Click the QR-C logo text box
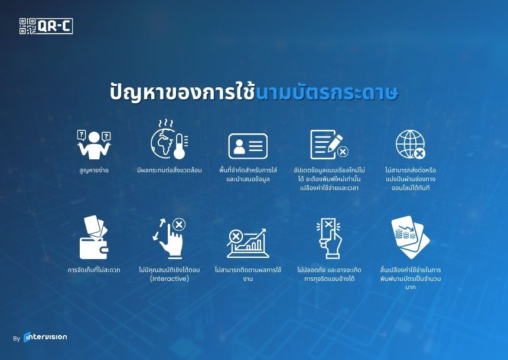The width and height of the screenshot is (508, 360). pyautogui.click(x=54, y=26)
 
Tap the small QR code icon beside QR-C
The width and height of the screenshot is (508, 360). pyautogui.click(x=27, y=26)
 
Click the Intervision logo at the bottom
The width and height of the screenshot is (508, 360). pyautogui.click(x=45, y=337)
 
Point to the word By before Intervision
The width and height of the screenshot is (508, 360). pyautogui.click(x=17, y=339)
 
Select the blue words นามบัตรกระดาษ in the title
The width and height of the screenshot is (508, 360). pyautogui.click(x=327, y=93)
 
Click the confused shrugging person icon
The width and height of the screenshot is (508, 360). pyautogui.click(x=94, y=145)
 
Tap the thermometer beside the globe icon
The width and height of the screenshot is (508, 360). pyautogui.click(x=180, y=146)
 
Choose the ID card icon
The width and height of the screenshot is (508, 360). pyautogui.click(x=248, y=146)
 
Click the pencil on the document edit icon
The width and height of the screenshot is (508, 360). pyautogui.click(x=335, y=142)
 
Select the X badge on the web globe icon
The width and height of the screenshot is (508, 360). pyautogui.click(x=419, y=153)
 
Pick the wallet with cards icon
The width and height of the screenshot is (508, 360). pyautogui.click(x=94, y=237)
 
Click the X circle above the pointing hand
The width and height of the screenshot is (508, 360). pyautogui.click(x=179, y=224)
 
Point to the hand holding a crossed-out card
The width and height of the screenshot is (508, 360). pyautogui.click(x=329, y=238)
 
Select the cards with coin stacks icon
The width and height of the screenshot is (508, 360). pyautogui.click(x=410, y=237)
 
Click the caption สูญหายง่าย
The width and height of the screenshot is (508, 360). pyautogui.click(x=94, y=171)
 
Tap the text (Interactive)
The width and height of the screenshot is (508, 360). pyautogui.click(x=170, y=279)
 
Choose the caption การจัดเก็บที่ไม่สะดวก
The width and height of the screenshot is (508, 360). pyautogui.click(x=94, y=270)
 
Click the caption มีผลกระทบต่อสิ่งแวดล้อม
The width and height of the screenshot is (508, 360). pyautogui.click(x=170, y=171)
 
